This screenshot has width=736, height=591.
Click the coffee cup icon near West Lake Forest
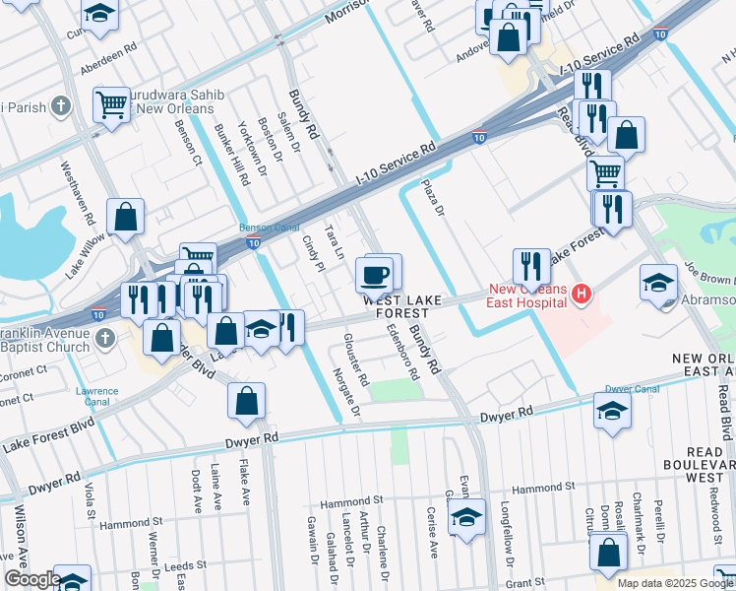pyautogui.click(x=374, y=275)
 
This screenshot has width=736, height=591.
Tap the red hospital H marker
pyautogui.click(x=582, y=294)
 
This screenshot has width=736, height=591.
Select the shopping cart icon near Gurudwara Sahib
pyautogui.click(x=112, y=105)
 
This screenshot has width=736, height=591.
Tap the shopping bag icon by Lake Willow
pyautogui.click(x=126, y=219)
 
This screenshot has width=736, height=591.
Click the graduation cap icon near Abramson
pyautogui.click(x=658, y=284)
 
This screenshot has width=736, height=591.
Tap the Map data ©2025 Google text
pyautogui.click(x=675, y=583)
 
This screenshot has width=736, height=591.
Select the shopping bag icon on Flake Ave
pyautogui.click(x=246, y=401)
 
